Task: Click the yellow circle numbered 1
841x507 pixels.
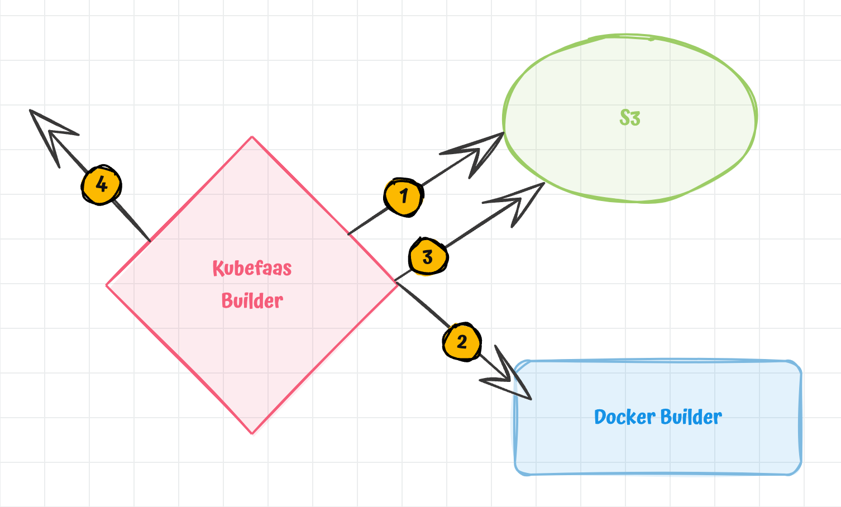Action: (x=403, y=197)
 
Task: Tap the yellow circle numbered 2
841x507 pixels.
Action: (x=462, y=342)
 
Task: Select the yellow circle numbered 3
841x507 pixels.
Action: (x=428, y=257)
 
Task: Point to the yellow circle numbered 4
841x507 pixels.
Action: (x=101, y=184)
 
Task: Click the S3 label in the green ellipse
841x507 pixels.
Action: (x=630, y=118)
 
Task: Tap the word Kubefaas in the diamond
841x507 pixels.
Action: (x=252, y=269)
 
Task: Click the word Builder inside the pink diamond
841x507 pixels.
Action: (x=252, y=301)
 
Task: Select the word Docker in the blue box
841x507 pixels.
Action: (x=624, y=417)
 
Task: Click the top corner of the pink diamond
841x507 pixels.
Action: (x=252, y=137)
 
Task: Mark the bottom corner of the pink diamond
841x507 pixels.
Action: (x=252, y=433)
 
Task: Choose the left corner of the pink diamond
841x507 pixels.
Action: (x=107, y=285)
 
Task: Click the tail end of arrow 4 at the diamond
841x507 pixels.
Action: (x=150, y=241)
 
